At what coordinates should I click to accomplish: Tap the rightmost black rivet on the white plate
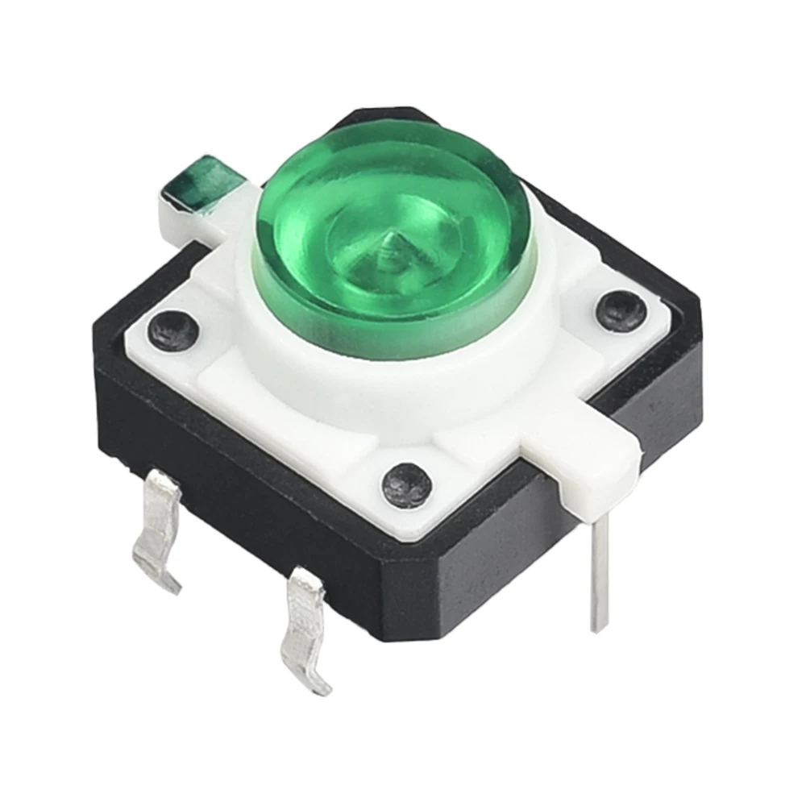(621, 310)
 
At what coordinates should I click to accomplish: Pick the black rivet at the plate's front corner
(407, 484)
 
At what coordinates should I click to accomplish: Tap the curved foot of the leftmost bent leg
(161, 576)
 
